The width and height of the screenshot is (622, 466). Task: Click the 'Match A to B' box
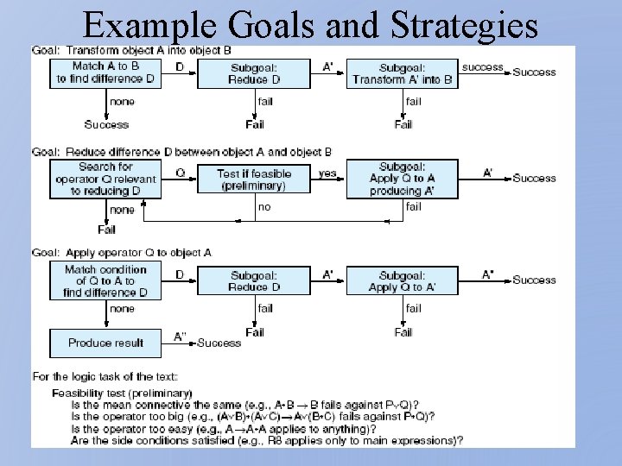tap(105, 72)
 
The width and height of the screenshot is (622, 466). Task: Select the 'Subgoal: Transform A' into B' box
tap(403, 73)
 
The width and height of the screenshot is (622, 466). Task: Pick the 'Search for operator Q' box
tap(105, 179)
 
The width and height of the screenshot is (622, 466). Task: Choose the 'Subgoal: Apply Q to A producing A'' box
tap(403, 179)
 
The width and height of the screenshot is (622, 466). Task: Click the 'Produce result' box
tap(105, 343)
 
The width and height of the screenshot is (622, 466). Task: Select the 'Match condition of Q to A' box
tap(105, 280)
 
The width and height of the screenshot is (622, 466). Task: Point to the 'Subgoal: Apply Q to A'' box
tap(403, 280)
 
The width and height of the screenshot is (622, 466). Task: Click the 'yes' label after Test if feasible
tap(327, 173)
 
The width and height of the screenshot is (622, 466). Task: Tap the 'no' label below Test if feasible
tap(264, 207)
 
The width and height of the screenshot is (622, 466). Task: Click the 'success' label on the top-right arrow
tap(482, 66)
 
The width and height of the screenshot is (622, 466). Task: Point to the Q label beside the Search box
tap(180, 173)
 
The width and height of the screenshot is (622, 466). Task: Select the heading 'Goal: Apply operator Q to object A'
tap(122, 253)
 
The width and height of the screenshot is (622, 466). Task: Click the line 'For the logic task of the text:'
tap(105, 376)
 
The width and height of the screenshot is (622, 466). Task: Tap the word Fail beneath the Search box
tap(106, 230)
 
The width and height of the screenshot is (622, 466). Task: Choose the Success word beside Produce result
tap(219, 343)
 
